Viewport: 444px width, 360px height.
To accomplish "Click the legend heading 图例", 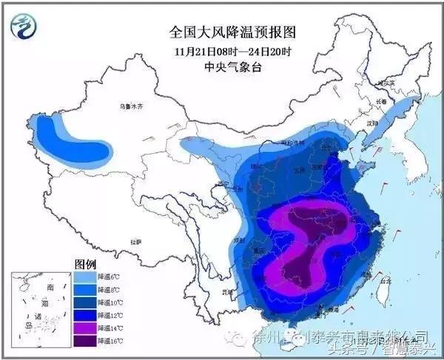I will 86,263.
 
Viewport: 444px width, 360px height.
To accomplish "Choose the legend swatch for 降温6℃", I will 85,277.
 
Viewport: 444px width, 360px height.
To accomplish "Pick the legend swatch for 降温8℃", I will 85,290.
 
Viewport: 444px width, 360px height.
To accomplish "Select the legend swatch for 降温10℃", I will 85,302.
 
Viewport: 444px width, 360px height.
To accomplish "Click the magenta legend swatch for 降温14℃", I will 85,328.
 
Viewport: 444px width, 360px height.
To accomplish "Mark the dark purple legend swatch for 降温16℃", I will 85,341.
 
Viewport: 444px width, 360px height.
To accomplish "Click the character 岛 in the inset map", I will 29,325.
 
